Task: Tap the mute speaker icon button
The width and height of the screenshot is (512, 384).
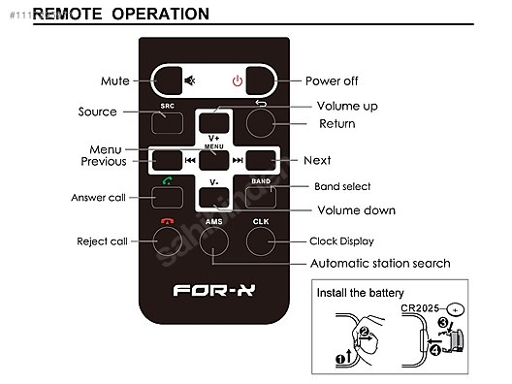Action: pyautogui.click(x=190, y=80)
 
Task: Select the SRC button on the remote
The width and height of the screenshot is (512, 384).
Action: pyautogui.click(x=168, y=123)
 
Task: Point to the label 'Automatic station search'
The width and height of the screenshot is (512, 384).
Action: pyautogui.click(x=379, y=263)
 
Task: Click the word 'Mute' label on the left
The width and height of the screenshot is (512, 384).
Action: pyautogui.click(x=115, y=80)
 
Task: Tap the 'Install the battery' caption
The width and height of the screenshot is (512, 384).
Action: pyautogui.click(x=360, y=292)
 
